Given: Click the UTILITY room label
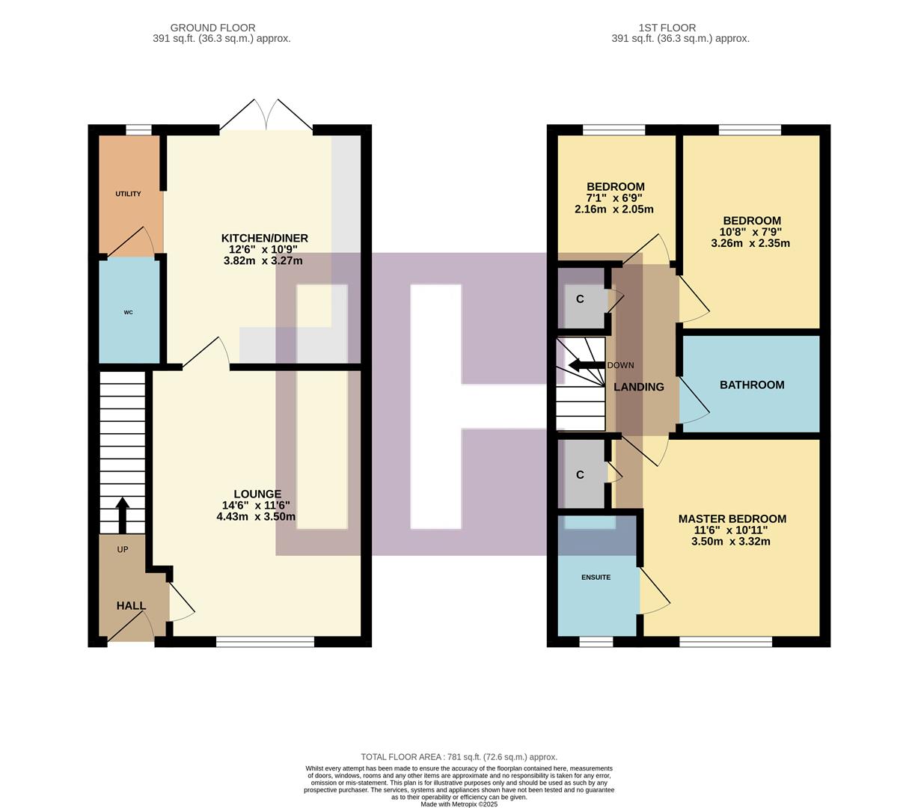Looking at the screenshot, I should [128, 194].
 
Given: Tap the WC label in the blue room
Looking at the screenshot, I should [128, 312].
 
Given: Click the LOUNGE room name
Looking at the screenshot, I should [257, 494].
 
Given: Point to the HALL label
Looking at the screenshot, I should [131, 606].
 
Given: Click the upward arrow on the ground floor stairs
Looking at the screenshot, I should [121, 515].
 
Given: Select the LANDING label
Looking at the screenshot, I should [638, 387].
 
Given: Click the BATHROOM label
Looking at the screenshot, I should [752, 385].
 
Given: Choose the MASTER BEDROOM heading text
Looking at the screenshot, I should [732, 518].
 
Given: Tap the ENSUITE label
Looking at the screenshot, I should [596, 578].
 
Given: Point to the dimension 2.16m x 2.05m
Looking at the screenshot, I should [613, 209].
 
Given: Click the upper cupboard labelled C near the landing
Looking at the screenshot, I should [580, 299].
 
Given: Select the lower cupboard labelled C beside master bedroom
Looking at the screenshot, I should [580, 475].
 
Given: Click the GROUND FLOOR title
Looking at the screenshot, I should [212, 28].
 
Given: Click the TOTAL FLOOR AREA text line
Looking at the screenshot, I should [459, 757].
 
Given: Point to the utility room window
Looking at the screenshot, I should [138, 130].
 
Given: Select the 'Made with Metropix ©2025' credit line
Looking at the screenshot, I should [459, 804].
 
